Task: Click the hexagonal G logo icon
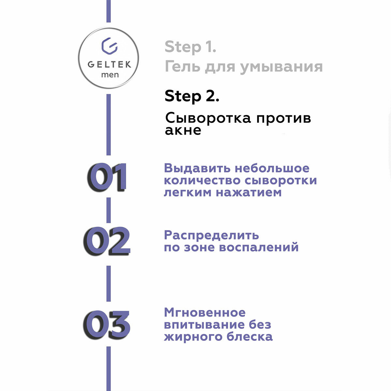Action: tap(109, 46)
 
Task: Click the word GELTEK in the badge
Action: tap(109, 64)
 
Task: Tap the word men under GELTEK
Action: tap(110, 75)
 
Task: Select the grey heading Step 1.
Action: tap(190, 47)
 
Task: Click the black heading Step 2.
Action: tap(192, 96)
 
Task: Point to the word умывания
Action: tap(282, 67)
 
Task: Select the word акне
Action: tap(183, 130)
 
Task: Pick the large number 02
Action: tap(106, 241)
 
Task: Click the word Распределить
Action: tap(211, 235)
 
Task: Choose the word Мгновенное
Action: tap(205, 312)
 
